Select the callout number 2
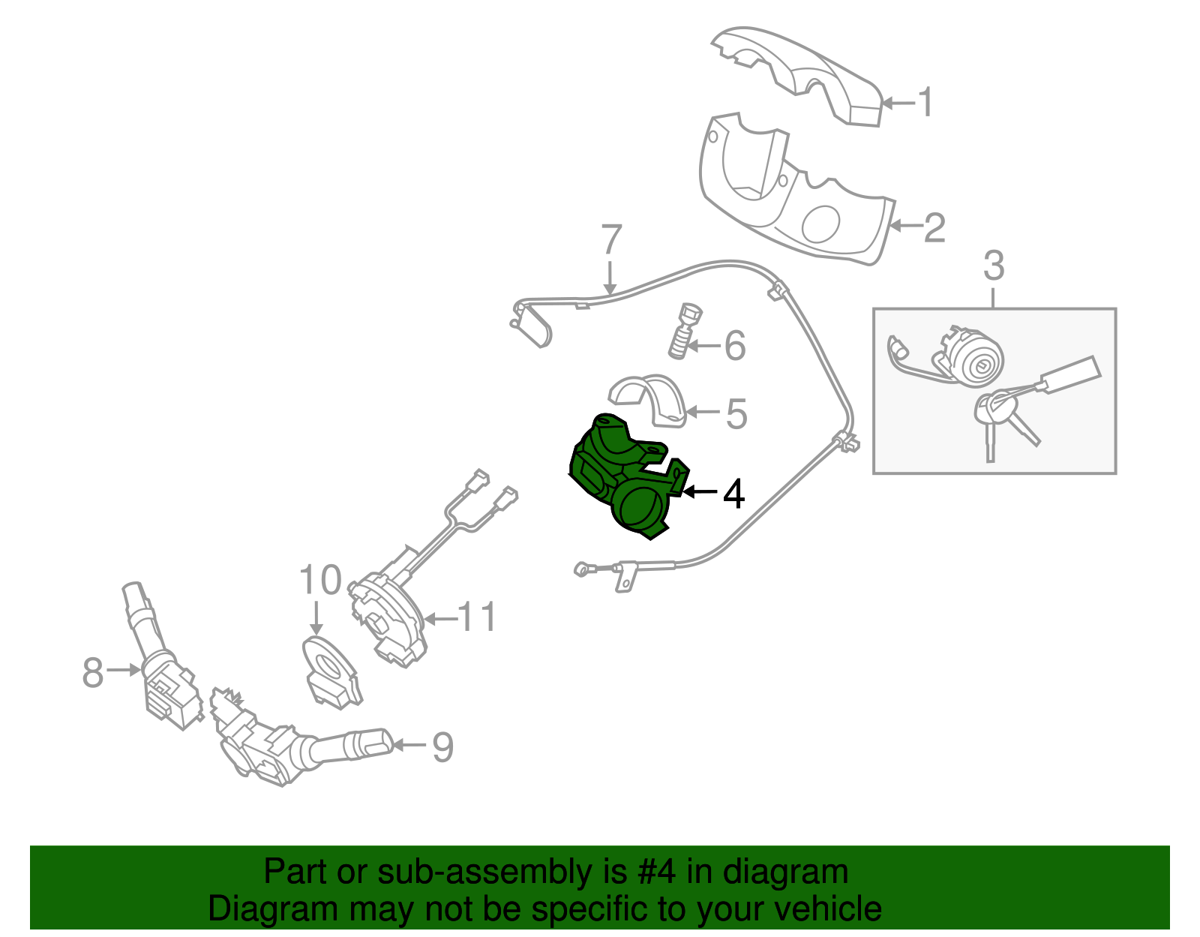tap(934, 227)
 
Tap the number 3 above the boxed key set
tap(993, 266)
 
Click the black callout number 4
tap(733, 494)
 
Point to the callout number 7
tap(611, 240)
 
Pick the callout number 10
tap(320, 581)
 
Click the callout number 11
tap(477, 617)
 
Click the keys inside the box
tap(1005, 420)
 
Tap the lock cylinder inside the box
tap(975, 360)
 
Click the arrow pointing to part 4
tap(699, 492)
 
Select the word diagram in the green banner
tap(786, 872)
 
